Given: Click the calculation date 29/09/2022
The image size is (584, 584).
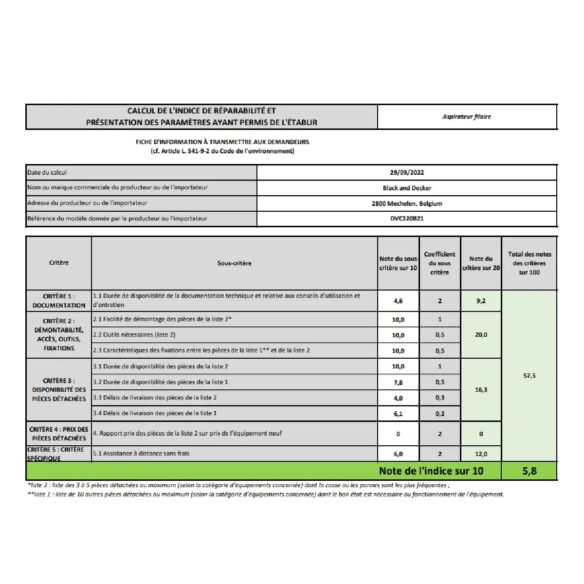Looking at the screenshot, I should (x=407, y=172).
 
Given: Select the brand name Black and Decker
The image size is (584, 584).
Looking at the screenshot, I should (x=407, y=188).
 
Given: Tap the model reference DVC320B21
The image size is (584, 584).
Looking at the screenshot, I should (x=407, y=219).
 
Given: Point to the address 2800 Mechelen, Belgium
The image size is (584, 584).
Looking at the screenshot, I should (x=407, y=203).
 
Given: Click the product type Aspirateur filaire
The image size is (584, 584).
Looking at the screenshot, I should (x=467, y=117).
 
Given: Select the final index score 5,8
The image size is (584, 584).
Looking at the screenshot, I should (x=529, y=471).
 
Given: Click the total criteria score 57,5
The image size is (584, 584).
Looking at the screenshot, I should (x=529, y=376).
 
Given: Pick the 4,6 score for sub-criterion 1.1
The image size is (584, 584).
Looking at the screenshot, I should (x=398, y=301).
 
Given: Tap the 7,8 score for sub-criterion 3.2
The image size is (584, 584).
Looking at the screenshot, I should (x=398, y=382).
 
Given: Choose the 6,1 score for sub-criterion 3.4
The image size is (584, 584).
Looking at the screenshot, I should (x=398, y=414).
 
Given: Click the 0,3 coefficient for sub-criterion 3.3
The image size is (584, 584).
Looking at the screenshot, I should (x=440, y=398).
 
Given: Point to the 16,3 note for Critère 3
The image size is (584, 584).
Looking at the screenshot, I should (x=481, y=390).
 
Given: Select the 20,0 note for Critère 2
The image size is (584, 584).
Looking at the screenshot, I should (x=481, y=335).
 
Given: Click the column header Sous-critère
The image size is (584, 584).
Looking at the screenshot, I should (x=234, y=263).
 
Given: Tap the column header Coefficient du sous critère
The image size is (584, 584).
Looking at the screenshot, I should (x=439, y=263).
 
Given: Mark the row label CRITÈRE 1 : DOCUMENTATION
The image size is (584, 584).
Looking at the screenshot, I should (x=59, y=301).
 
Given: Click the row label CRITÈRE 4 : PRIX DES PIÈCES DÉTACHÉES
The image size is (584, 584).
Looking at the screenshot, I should (x=59, y=434).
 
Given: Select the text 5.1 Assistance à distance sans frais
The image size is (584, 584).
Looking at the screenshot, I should (x=141, y=454).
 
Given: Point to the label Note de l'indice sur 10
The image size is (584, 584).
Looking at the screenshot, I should (x=431, y=471).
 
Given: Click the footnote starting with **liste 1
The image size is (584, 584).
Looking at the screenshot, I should (x=265, y=494).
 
